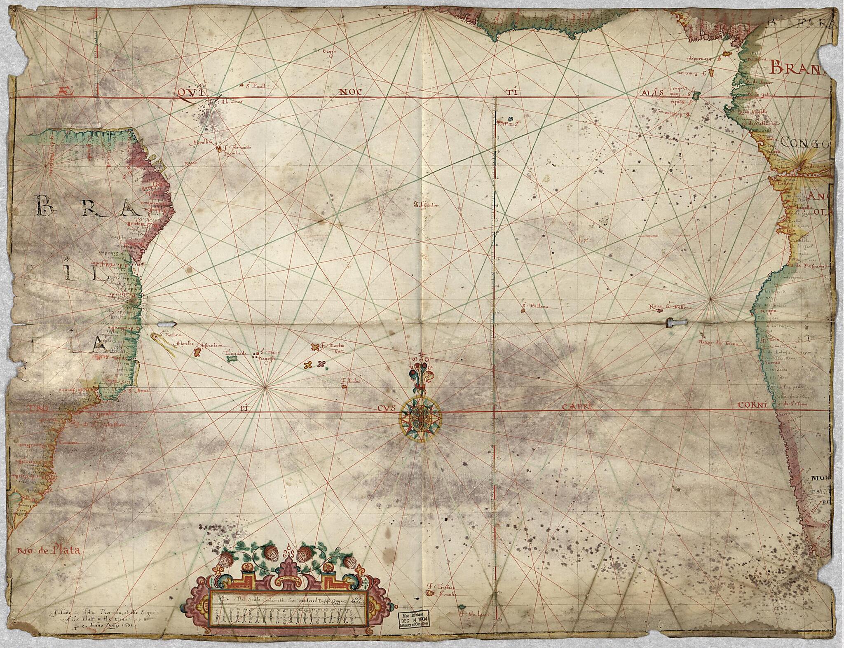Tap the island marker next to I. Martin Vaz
coord(315,346)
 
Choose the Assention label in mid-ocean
coord(429,204)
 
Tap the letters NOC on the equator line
coord(350,92)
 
